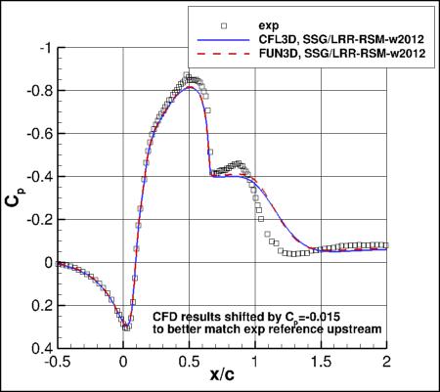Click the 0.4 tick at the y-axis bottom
tap(36, 348)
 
